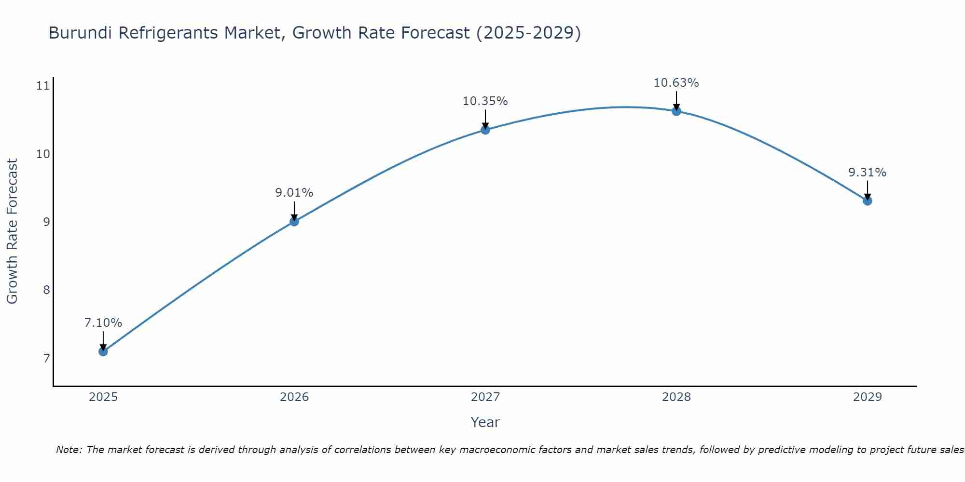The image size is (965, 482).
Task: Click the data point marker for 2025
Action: [x=103, y=351]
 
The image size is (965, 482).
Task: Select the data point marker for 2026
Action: [x=294, y=221]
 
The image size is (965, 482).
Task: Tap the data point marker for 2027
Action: [x=485, y=130]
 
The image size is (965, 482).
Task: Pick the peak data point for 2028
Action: [x=676, y=111]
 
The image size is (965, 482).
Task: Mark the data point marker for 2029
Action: [x=868, y=201]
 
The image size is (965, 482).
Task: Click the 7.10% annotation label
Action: [x=103, y=323]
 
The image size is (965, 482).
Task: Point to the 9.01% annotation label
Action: [x=294, y=193]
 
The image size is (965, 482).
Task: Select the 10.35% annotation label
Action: [x=485, y=101]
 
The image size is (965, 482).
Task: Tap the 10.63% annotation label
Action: [x=676, y=83]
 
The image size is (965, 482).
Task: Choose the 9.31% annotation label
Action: [x=868, y=173]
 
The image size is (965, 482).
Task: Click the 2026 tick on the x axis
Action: [x=294, y=397]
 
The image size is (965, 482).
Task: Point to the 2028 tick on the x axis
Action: [x=676, y=397]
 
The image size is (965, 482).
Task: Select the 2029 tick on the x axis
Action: [x=868, y=397]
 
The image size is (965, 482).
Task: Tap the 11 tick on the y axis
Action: [x=43, y=86]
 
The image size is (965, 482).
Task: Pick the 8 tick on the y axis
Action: [x=46, y=290]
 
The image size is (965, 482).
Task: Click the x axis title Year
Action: [x=485, y=422]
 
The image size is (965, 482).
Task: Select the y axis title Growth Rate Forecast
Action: [x=12, y=231]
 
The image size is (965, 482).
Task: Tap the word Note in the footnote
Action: [x=69, y=450]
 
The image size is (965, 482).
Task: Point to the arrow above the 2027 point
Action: [x=485, y=119]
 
